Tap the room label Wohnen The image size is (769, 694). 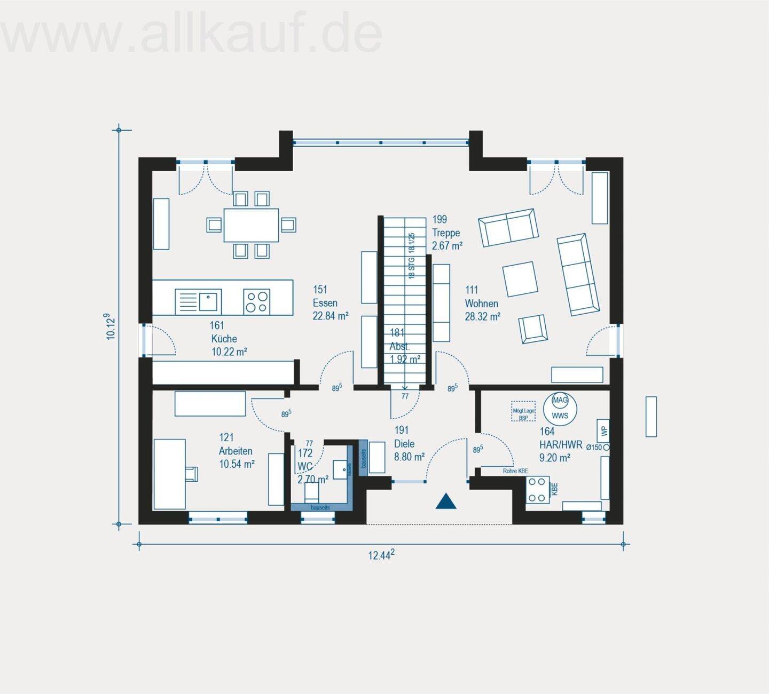481,304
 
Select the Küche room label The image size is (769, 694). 224,339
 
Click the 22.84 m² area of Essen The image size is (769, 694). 330,316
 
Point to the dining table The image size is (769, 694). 251,225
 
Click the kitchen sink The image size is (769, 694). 209,301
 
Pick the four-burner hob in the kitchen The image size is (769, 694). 256,301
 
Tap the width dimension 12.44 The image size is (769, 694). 381,555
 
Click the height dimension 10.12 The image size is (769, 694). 110,326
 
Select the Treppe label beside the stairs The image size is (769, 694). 446,233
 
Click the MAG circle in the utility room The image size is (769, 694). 560,401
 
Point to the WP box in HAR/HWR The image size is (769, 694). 603,430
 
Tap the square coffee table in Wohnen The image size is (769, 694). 520,278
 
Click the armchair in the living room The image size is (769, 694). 532,328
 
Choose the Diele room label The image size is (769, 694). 404,444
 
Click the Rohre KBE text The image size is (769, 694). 515,471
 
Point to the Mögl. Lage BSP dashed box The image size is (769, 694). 523,411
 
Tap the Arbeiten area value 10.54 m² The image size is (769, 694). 237,464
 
